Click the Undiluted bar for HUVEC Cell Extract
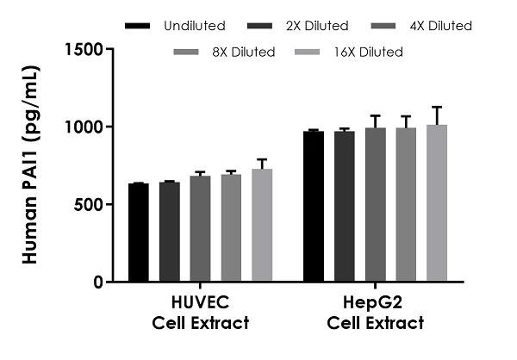pos(138,233)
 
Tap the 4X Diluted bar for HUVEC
pos(200,228)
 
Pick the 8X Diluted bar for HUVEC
pos(231,227)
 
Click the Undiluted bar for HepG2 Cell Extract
pos(314,206)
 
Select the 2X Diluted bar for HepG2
pos(345,206)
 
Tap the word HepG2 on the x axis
pos(376,304)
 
